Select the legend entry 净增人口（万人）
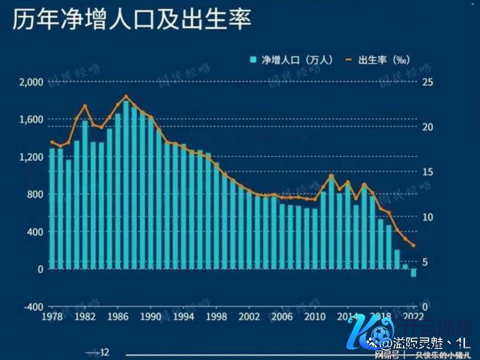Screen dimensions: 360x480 coord(291,60)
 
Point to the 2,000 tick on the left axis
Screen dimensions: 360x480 coord(31,82)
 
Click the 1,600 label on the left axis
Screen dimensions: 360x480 coord(31,120)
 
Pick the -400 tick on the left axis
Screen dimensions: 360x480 coord(33,307)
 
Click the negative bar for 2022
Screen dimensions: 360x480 coord(413,273)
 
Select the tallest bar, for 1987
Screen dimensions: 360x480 coord(126,185)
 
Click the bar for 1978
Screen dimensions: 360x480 coord(52,209)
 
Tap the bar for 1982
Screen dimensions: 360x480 coord(85,195)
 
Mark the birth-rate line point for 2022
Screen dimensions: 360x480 coord(413,245)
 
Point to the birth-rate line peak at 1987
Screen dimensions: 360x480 coord(126,97)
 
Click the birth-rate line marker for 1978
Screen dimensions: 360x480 coord(52,142)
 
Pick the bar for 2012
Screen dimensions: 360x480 coord(331,223)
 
